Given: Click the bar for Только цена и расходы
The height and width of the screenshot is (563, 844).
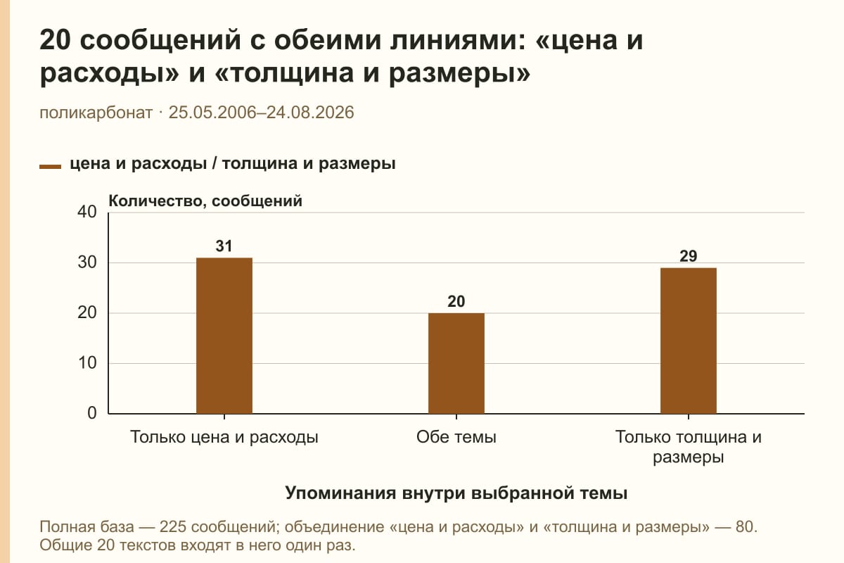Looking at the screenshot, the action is (224, 336).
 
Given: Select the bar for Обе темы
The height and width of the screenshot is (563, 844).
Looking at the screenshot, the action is (456, 363).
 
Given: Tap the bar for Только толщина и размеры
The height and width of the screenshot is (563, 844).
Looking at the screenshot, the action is (689, 341).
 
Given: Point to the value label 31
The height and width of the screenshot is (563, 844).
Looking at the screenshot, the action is (224, 246).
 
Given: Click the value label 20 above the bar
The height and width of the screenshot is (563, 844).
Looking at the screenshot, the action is (456, 301).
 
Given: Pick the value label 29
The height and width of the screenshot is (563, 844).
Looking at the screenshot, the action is (689, 256).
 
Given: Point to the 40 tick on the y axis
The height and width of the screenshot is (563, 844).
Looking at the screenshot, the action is (87, 212).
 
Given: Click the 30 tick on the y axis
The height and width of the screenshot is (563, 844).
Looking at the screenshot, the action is (87, 262).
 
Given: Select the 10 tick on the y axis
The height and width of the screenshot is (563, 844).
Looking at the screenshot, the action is (87, 363).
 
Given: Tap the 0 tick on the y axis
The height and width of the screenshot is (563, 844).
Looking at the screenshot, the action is (92, 413).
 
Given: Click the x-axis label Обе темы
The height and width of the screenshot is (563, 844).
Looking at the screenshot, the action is (456, 437).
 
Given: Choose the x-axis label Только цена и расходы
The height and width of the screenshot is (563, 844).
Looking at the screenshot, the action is (224, 438).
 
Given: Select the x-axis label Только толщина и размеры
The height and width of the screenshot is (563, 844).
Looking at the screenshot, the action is (689, 447).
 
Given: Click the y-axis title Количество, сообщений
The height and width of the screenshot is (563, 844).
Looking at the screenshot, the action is (205, 201).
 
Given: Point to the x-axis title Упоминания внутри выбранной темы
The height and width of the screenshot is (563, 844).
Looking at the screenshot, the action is (456, 493).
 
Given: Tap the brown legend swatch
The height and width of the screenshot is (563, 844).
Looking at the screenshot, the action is (50, 167).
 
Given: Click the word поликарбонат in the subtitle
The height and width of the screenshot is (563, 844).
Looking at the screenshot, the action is (96, 113).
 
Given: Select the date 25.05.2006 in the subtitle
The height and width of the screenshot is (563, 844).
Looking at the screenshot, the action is (212, 113).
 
